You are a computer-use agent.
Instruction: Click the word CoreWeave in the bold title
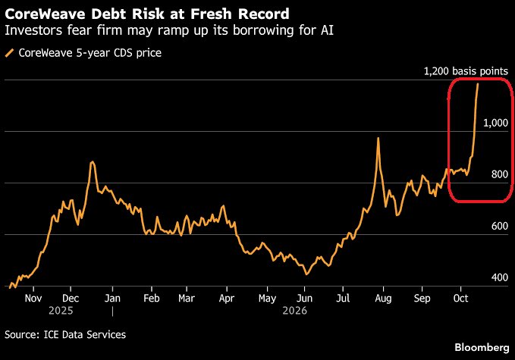[46, 14]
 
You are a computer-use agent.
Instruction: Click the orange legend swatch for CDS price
[10, 53]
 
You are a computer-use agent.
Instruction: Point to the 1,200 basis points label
[466, 71]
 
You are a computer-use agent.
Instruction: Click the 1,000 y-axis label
[495, 123]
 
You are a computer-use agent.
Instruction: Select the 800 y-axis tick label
[500, 174]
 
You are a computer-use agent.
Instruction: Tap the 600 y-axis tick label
[500, 226]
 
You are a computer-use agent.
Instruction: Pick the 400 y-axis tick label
[500, 277]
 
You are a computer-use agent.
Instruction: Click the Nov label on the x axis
[33, 299]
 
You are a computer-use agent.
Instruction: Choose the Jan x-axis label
[113, 299]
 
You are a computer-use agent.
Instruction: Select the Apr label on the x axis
[227, 299]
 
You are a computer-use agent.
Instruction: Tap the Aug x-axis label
[383, 299]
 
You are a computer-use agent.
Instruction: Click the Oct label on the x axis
[460, 299]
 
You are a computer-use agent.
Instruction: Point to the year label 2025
[61, 311]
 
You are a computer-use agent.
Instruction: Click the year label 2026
[294, 311]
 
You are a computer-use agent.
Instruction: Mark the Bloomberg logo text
[482, 348]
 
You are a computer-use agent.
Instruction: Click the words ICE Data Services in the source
[85, 335]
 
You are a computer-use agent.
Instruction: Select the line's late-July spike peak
[378, 138]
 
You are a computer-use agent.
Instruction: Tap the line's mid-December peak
[93, 161]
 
